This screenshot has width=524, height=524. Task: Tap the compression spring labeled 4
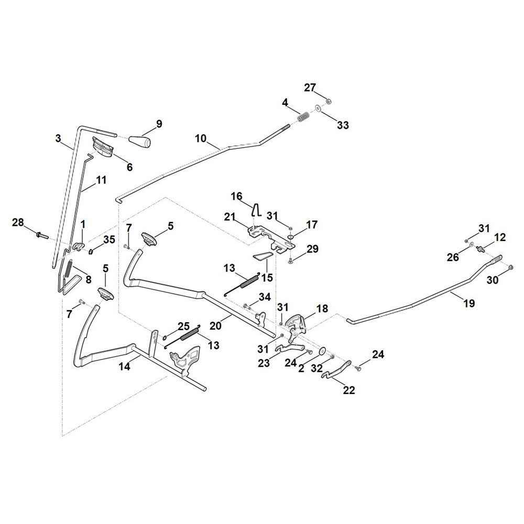[304, 117]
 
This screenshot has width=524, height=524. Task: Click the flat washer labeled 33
[317, 108]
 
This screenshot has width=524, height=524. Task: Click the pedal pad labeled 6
[104, 147]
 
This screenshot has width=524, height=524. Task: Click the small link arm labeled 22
[336, 369]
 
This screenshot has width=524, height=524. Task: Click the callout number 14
[124, 366]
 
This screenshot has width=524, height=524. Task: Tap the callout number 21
[230, 217]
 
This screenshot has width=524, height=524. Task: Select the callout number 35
[109, 239]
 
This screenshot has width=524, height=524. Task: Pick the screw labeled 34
[247, 305]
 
